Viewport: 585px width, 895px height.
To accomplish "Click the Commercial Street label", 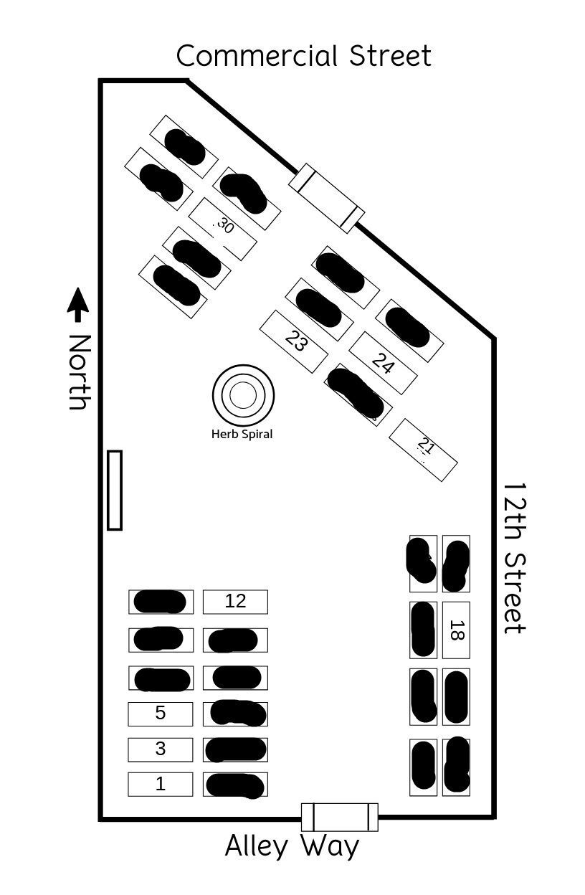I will (304, 56).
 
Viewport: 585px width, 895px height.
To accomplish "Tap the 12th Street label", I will (515, 557).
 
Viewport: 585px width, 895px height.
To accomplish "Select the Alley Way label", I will (292, 846).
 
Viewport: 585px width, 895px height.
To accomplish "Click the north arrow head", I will (78, 300).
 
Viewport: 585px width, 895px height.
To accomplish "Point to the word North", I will (80, 371).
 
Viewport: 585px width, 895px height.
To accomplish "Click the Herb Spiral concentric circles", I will (243, 394).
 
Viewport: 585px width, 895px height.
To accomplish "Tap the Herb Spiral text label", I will (242, 434).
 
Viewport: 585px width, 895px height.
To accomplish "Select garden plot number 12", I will (235, 602).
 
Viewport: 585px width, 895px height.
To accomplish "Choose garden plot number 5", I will (161, 714).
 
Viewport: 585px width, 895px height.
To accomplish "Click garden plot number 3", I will (161, 749).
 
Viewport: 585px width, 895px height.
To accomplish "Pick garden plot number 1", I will (161, 785).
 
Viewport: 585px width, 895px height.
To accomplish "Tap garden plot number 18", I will (455, 630).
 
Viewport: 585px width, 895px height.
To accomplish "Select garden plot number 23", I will (294, 341).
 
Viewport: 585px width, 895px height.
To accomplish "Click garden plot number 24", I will (383, 363).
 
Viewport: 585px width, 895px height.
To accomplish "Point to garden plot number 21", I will (424, 450).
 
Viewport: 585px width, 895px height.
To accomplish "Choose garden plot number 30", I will (223, 228).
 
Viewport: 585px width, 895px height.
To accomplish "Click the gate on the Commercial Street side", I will (327, 198).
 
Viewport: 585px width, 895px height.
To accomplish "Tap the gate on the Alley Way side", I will (339, 818).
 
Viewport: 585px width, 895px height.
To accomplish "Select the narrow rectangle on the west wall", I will (115, 490).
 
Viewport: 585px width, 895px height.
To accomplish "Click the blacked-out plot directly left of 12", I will (161, 602).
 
